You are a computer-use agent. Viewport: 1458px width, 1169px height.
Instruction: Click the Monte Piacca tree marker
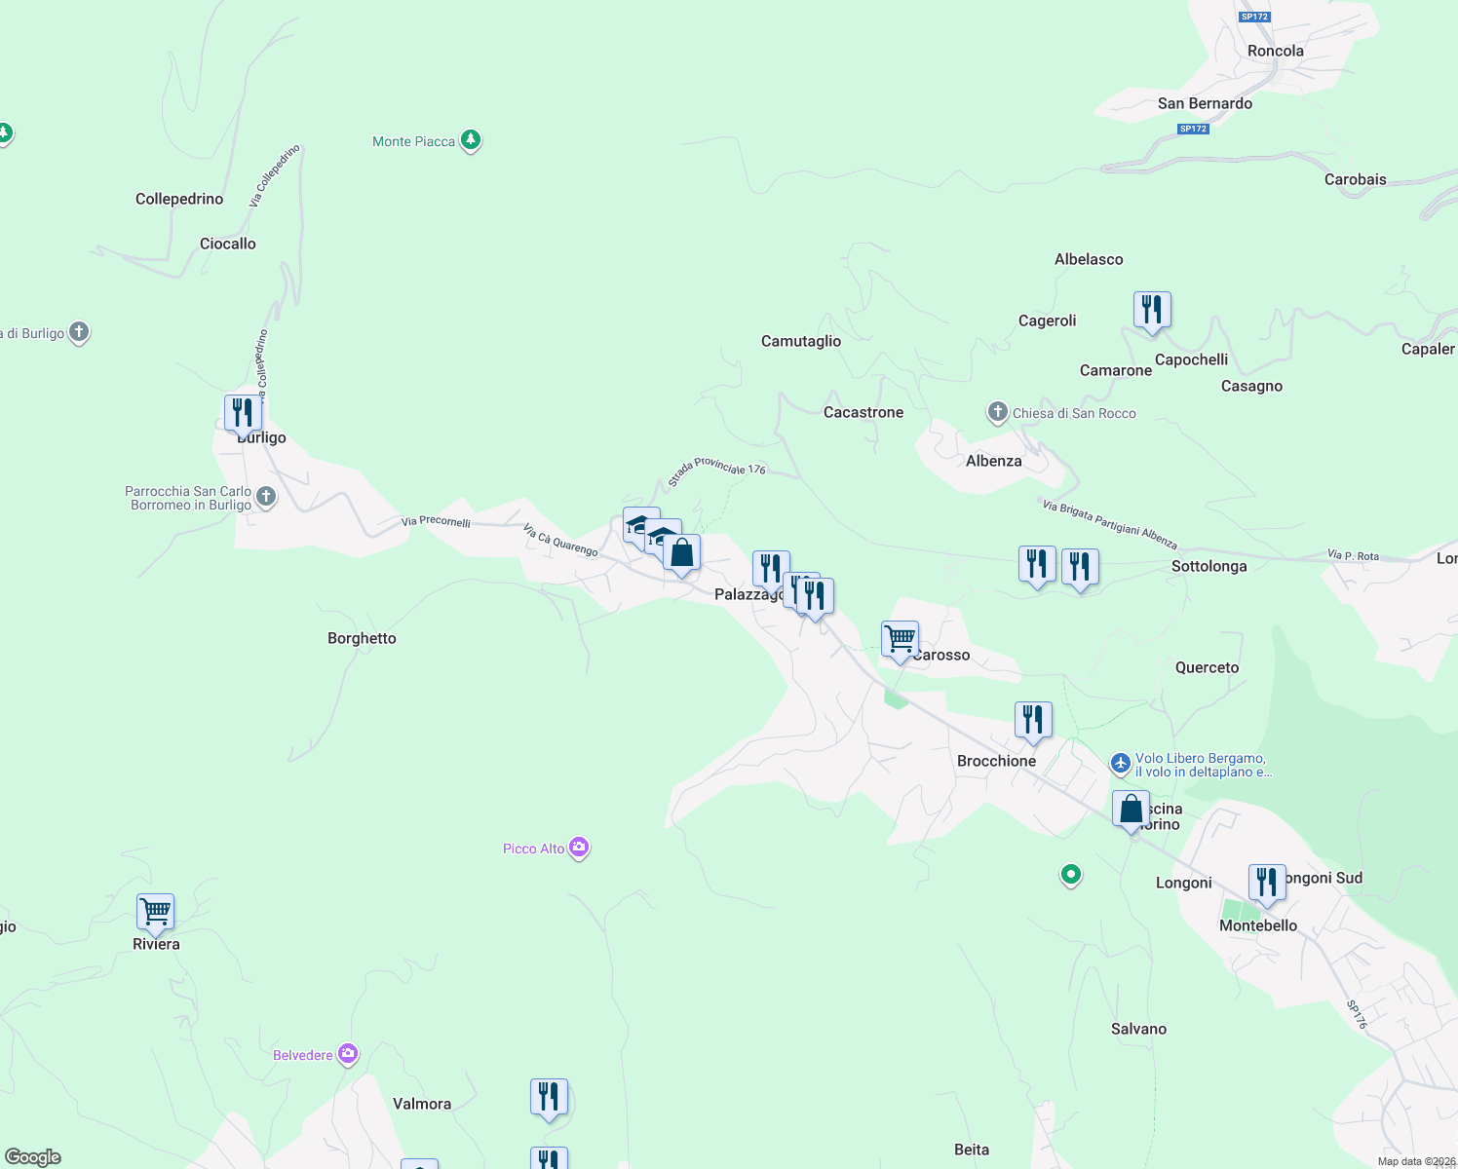pyautogui.click(x=471, y=141)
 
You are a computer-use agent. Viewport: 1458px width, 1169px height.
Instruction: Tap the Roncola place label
pyautogui.click(x=1275, y=51)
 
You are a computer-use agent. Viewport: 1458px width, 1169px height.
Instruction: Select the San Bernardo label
pyautogui.click(x=1205, y=103)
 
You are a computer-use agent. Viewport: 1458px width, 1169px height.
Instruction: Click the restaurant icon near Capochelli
pyautogui.click(x=1152, y=311)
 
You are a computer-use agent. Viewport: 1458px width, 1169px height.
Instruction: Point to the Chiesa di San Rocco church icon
pyautogui.click(x=997, y=412)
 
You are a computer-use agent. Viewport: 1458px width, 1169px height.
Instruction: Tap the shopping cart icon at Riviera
pyautogui.click(x=156, y=912)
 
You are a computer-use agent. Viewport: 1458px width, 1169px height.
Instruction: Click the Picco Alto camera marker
pyautogui.click(x=579, y=848)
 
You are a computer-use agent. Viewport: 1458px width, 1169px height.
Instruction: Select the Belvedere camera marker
pyautogui.click(x=348, y=1054)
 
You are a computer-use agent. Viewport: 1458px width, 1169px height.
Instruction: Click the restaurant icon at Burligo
pyautogui.click(x=243, y=413)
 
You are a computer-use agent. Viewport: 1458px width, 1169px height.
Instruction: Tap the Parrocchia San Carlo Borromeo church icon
pyautogui.click(x=266, y=497)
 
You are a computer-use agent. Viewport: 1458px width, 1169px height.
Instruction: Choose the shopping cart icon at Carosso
pyautogui.click(x=901, y=640)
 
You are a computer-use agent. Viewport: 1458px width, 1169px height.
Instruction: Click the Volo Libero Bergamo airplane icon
pyautogui.click(x=1121, y=764)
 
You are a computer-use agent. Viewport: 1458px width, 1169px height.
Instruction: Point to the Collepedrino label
pyautogui.click(x=179, y=199)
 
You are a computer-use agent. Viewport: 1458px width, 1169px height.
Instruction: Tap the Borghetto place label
pyautogui.click(x=362, y=638)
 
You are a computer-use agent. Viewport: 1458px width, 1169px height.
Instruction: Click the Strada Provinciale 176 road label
pyautogui.click(x=717, y=470)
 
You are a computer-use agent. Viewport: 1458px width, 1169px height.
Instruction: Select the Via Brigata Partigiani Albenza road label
pyautogui.click(x=1109, y=523)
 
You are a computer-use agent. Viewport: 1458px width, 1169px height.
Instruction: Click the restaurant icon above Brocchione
pyautogui.click(x=1033, y=721)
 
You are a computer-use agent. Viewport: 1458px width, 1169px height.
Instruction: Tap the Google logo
pyautogui.click(x=33, y=1157)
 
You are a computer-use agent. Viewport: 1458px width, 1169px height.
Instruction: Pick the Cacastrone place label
pyautogui.click(x=863, y=412)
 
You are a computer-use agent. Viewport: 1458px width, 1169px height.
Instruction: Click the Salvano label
pyautogui.click(x=1138, y=1029)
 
